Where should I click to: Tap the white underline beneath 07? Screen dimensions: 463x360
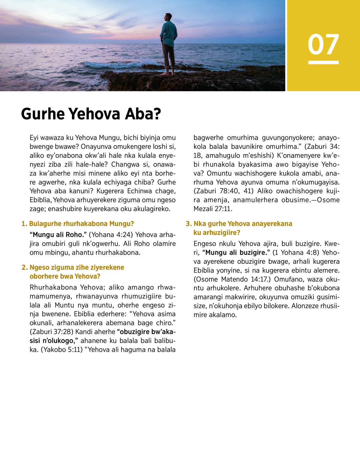(x=323, y=62)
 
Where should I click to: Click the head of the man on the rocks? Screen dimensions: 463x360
(x=169, y=17)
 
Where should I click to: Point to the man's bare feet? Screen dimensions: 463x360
(x=168, y=73)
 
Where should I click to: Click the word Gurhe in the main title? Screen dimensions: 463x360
(x=43, y=114)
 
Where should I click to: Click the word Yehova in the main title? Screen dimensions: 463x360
(x=94, y=114)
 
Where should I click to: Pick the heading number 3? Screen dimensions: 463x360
(x=188, y=224)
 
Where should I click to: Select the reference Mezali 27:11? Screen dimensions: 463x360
(x=213, y=209)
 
